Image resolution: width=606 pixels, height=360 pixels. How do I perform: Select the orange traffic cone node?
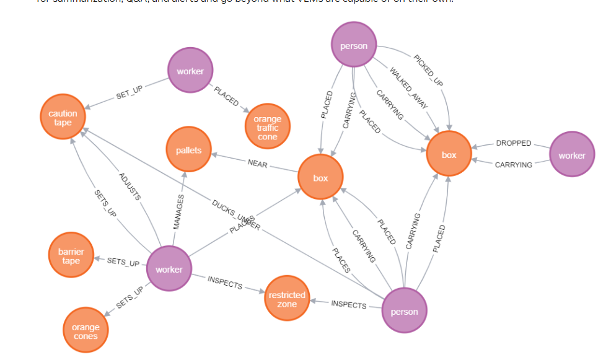[267, 128]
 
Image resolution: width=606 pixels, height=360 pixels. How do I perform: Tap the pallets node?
[188, 150]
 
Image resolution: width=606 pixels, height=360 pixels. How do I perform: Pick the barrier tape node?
[71, 257]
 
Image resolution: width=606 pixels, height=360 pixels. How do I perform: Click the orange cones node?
[86, 331]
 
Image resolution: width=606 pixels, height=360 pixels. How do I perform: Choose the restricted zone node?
[287, 299]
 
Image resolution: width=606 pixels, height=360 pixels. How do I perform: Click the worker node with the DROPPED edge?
[571, 155]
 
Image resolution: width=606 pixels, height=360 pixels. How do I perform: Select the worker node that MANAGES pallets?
[169, 269]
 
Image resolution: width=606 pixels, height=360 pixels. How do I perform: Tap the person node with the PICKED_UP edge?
[354, 45]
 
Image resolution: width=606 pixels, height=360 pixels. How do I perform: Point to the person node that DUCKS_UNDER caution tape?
[404, 311]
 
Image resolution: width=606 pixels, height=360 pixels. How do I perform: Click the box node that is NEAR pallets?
[320, 178]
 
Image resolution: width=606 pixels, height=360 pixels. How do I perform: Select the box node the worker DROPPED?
[449, 154]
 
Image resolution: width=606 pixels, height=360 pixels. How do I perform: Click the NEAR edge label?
[257, 164]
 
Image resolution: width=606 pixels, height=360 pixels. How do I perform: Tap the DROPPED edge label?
[514, 143]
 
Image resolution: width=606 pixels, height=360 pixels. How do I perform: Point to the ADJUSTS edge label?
[130, 187]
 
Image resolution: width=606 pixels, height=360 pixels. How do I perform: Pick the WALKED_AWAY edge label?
[409, 87]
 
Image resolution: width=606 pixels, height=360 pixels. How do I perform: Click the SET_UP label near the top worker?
[129, 92]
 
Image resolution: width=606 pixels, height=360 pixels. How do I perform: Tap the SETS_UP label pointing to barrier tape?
[123, 262]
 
